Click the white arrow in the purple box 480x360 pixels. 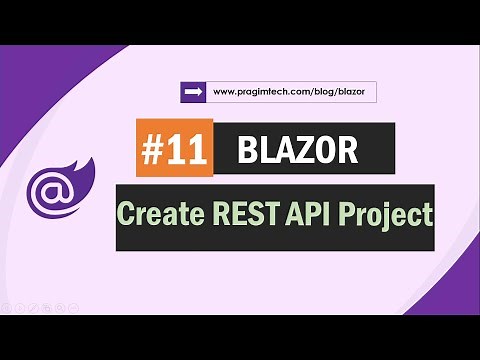click(x=193, y=93)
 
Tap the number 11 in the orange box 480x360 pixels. click(x=188, y=150)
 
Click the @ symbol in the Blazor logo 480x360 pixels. click(x=51, y=189)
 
